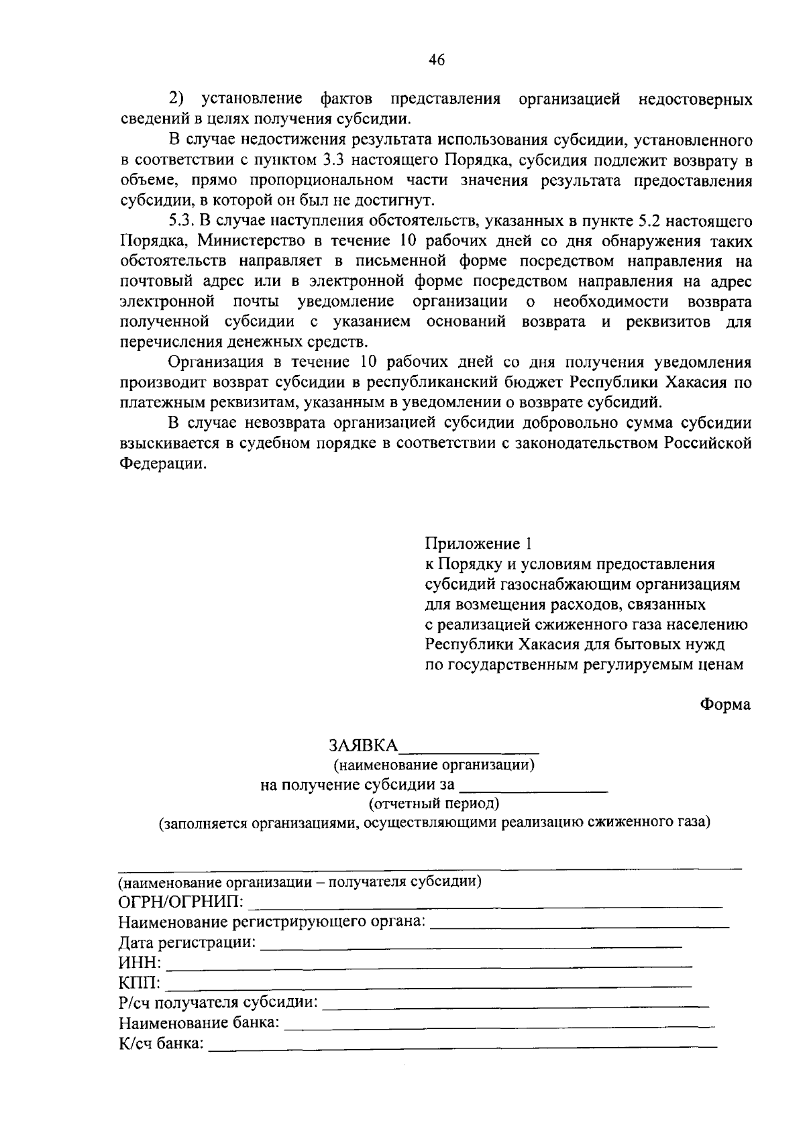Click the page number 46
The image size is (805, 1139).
point(436,60)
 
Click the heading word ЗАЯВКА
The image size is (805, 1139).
point(363,746)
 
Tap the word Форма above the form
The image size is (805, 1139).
point(725,705)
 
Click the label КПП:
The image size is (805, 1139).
point(140,984)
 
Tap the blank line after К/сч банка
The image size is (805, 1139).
point(463,1044)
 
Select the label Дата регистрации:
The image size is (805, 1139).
point(187,944)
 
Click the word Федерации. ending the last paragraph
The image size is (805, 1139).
point(163,464)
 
